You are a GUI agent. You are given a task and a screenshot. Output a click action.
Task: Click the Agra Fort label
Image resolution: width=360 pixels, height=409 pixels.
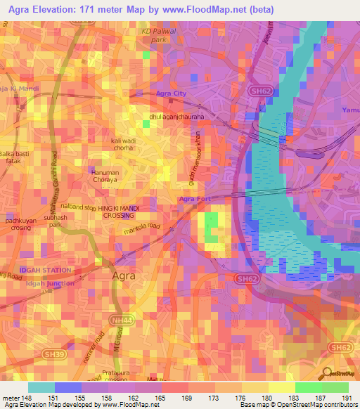coord(195,200)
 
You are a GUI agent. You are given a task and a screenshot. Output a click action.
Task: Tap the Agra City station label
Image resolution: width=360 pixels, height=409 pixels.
coord(172,93)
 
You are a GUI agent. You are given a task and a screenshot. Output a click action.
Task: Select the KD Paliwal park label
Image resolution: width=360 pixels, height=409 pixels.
coord(157,37)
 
